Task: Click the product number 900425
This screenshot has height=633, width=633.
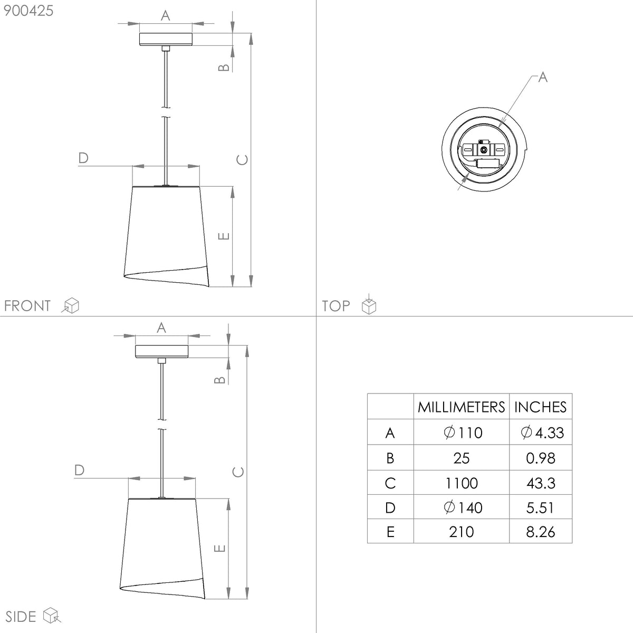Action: tap(28, 11)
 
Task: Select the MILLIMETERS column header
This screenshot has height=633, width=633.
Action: tap(461, 407)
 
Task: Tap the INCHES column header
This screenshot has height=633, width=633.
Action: tap(540, 407)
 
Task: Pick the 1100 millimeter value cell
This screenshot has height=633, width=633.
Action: tap(461, 483)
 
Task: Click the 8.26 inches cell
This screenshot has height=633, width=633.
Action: tap(540, 532)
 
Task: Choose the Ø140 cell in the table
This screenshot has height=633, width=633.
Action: tap(463, 507)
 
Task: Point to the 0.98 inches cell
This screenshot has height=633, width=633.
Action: tap(540, 458)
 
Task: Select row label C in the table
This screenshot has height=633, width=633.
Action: tap(390, 483)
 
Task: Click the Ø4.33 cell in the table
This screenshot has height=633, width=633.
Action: tap(542, 433)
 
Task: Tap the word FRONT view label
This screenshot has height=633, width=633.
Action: tap(27, 306)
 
